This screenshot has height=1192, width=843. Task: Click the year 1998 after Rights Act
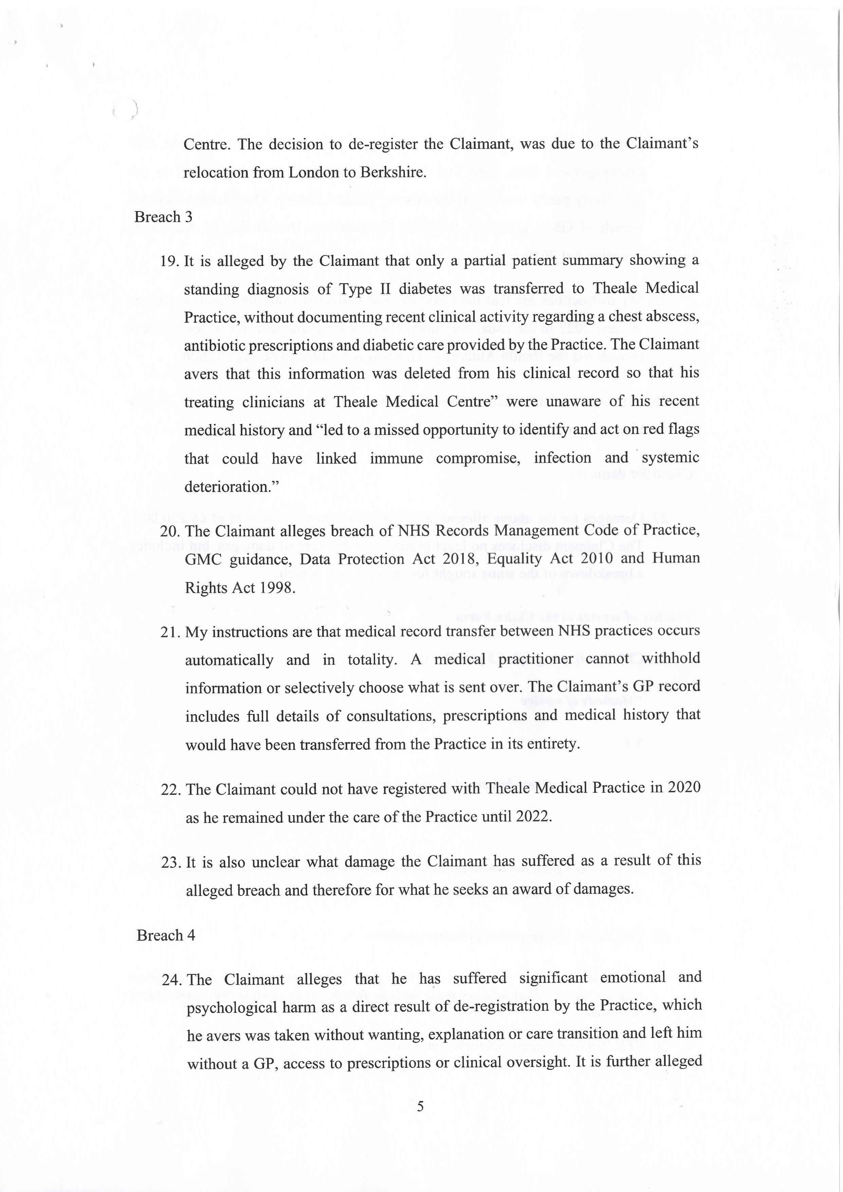tap(277, 588)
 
